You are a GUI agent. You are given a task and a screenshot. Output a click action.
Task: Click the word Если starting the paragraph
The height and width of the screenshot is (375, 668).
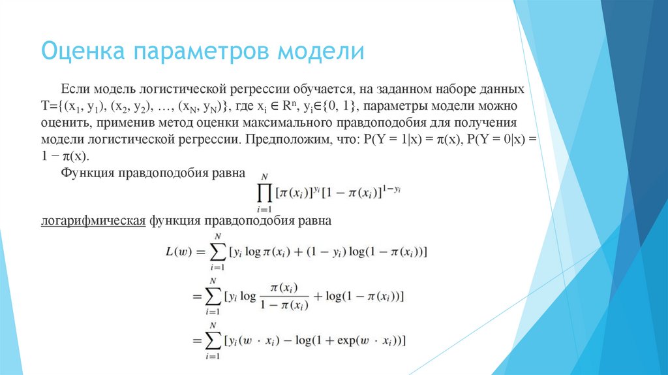pos(75,88)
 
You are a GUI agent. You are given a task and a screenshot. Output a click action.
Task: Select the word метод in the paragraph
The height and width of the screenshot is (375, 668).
pos(174,122)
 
